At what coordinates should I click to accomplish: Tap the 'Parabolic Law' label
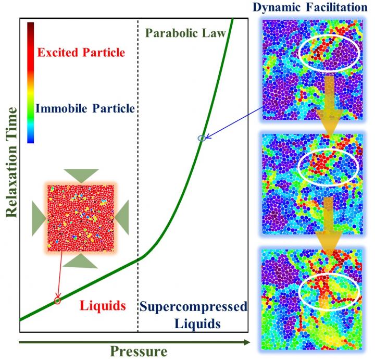coord(184,33)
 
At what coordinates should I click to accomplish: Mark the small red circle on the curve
coord(58,301)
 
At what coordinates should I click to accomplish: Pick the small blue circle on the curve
coord(202,138)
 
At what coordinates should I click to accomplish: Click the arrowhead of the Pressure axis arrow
coord(247,342)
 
